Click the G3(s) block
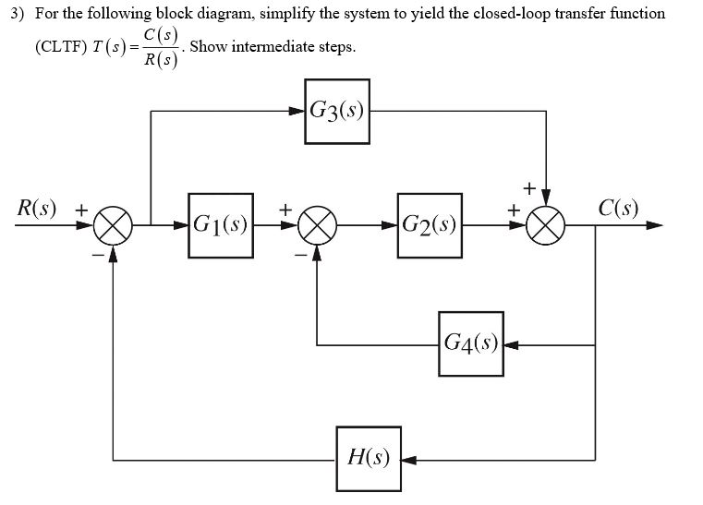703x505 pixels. click(x=337, y=112)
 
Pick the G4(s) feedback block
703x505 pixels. click(x=471, y=344)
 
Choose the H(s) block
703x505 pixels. click(x=368, y=458)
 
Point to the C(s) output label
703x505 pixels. click(x=618, y=207)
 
